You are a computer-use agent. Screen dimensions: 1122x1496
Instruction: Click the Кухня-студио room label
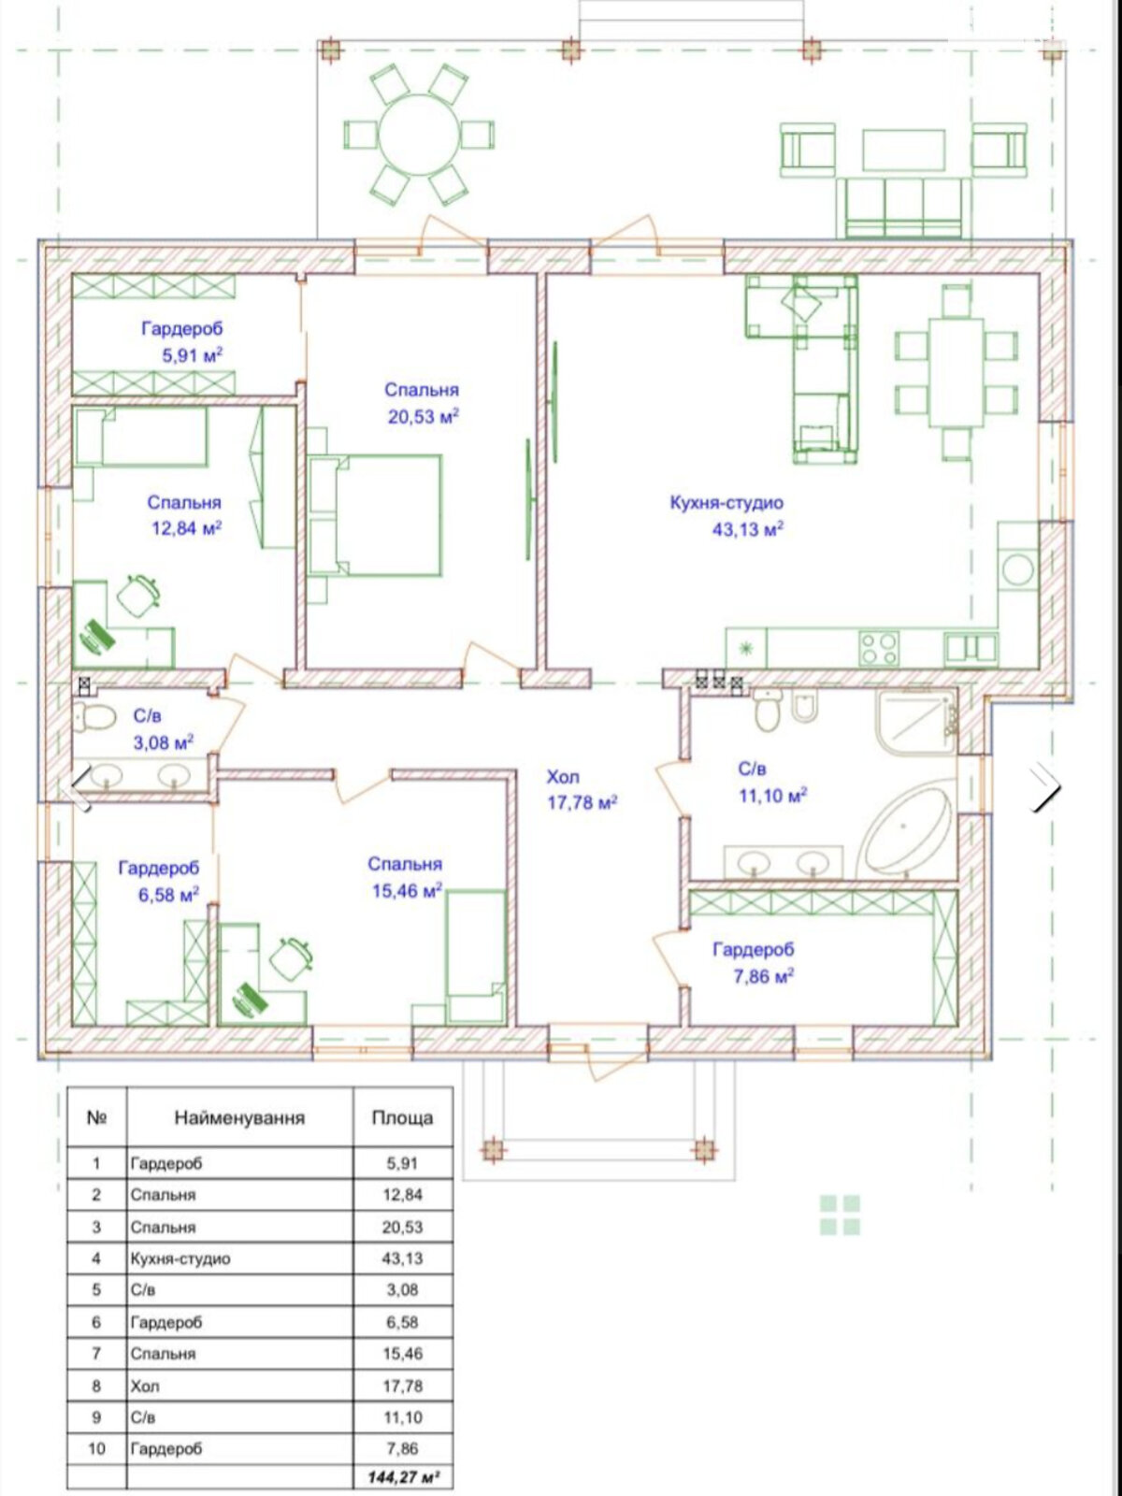click(726, 503)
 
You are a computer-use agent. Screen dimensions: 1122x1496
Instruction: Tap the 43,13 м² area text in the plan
click(748, 529)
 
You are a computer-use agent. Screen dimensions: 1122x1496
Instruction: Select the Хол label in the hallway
click(563, 777)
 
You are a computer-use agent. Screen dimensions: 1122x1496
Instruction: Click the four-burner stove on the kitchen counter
click(878, 648)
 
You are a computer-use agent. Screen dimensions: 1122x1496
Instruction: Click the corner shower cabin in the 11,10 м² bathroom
click(917, 723)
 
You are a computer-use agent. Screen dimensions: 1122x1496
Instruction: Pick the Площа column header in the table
click(402, 1117)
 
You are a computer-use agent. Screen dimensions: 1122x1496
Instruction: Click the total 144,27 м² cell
click(403, 1477)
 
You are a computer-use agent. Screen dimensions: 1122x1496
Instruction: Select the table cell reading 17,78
click(403, 1386)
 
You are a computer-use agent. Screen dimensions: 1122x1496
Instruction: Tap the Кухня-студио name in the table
click(180, 1259)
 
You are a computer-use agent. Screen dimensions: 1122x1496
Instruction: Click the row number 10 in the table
click(96, 1448)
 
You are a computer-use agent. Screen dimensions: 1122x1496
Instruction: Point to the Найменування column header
click(239, 1117)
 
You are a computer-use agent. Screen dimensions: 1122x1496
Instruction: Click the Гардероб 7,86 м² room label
click(754, 962)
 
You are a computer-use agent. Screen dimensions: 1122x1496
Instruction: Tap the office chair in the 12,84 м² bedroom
click(139, 596)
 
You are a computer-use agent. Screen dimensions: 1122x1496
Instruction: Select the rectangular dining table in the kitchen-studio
click(957, 372)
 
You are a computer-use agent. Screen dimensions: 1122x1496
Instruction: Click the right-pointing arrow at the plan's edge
click(1044, 787)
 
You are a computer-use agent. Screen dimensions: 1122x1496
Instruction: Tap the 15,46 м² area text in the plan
click(408, 890)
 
